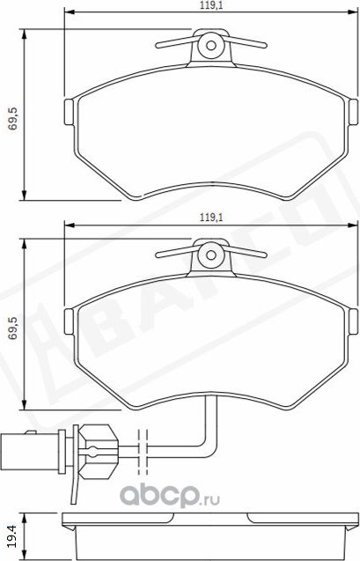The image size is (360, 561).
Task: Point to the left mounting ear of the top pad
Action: pyautogui.click(x=71, y=112)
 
